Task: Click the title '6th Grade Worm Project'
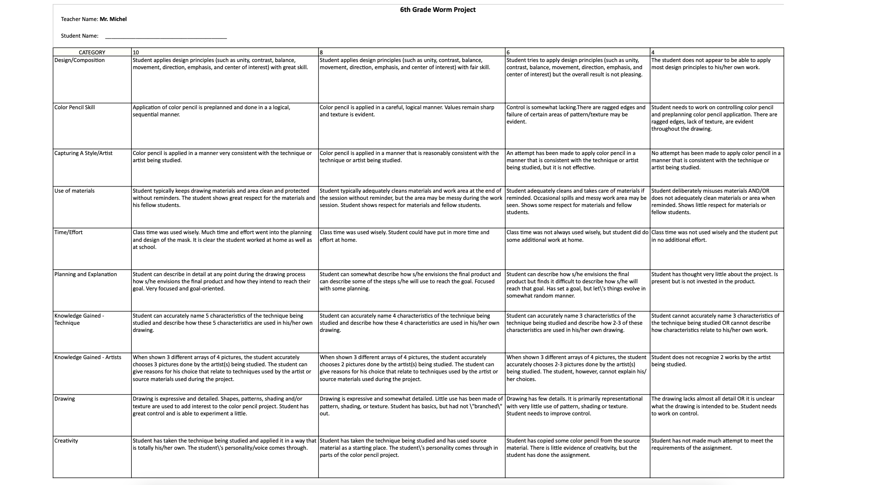(437, 10)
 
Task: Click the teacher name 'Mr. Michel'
(113, 19)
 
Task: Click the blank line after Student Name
(166, 36)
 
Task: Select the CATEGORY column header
(92, 52)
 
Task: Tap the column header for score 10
(136, 52)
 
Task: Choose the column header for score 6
(508, 52)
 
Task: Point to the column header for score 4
(653, 52)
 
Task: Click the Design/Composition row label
(80, 60)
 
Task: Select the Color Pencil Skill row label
(74, 107)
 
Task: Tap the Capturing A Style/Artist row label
(83, 153)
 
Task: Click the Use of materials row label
(74, 191)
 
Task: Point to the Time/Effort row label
(68, 232)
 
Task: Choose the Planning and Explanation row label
(85, 274)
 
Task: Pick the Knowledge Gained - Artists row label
(88, 357)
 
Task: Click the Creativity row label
(66, 441)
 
